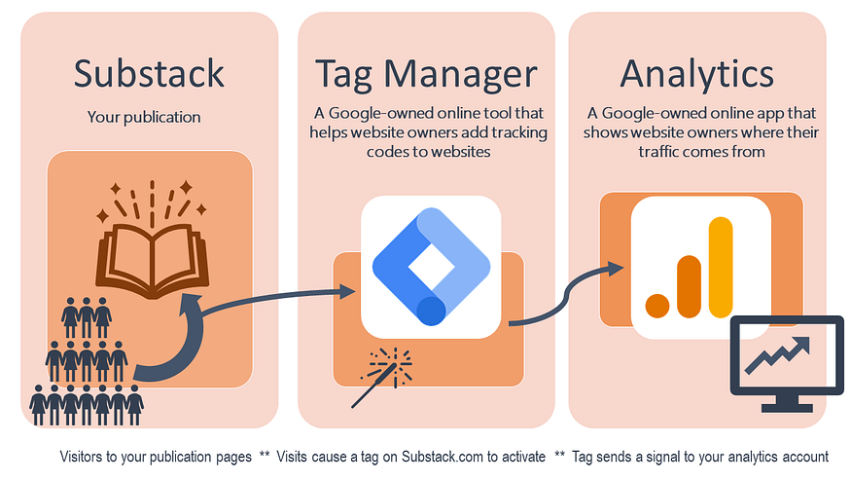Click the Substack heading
pyautogui.click(x=149, y=73)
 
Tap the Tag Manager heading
pyautogui.click(x=426, y=73)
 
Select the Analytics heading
pyautogui.click(x=696, y=73)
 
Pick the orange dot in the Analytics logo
pyautogui.click(x=658, y=306)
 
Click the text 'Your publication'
pyautogui.click(x=144, y=118)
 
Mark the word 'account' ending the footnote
pyautogui.click(x=803, y=456)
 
